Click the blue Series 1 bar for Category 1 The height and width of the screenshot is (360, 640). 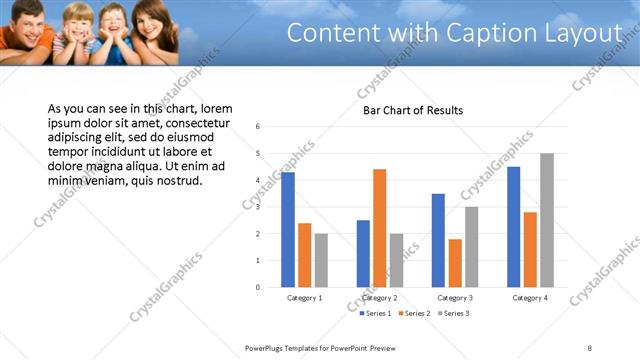click(288, 230)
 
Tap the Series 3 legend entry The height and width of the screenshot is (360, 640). click(455, 314)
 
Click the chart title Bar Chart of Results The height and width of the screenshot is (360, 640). click(413, 110)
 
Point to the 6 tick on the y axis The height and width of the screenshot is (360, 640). click(258, 127)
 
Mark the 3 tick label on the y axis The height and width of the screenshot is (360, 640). click(258, 207)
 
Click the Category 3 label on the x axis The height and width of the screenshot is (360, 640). click(455, 298)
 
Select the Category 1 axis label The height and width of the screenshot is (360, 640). click(304, 298)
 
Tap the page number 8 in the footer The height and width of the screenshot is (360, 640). click(589, 347)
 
